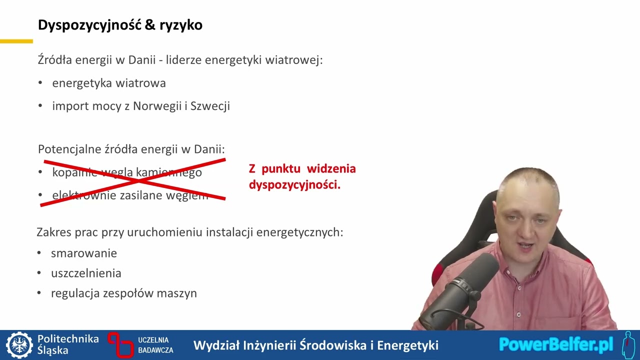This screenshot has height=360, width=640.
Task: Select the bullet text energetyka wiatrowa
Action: [x=108, y=83]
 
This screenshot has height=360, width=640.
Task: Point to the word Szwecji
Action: [x=210, y=106]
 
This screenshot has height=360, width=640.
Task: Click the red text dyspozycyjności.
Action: [x=294, y=185]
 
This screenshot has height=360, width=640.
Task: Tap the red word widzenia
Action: [x=331, y=168]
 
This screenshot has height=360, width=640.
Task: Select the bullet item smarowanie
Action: [x=83, y=253]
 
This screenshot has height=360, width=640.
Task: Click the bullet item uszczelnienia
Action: [x=85, y=273]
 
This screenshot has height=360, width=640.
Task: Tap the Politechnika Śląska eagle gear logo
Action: [x=19, y=345]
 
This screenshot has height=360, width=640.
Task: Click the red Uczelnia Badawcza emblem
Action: [x=120, y=344]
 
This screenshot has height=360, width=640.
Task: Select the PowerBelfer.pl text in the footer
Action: [x=555, y=344]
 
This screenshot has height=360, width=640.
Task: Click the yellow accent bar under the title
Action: [x=16, y=41]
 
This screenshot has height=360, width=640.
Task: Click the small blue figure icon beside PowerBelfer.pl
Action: [x=628, y=345]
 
